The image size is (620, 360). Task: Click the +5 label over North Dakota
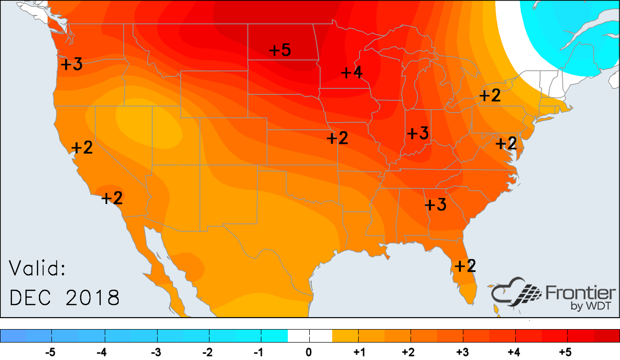coord(280,50)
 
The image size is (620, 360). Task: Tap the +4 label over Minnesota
coord(351,72)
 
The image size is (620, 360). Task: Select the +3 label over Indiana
coord(418,134)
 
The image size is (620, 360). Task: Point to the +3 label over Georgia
coord(435,204)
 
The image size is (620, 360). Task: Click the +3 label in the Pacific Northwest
coord(72,64)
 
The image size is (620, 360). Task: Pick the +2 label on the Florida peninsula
coord(465,265)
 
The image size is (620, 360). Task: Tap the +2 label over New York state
coord(490,95)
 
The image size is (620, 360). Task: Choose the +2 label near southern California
coord(112,198)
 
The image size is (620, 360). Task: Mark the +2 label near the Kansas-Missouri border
coord(338,138)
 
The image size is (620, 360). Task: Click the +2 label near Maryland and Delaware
coord(506,144)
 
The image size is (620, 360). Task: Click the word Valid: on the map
coord(38,270)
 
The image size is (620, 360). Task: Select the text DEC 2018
coord(65,298)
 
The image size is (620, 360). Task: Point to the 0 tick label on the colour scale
coord(309,353)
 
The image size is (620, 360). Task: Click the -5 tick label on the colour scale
coord(50,353)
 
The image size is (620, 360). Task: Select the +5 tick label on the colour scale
coord(565,353)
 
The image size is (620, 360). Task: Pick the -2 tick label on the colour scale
coord(206,353)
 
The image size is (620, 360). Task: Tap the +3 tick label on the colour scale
coord(462,353)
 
